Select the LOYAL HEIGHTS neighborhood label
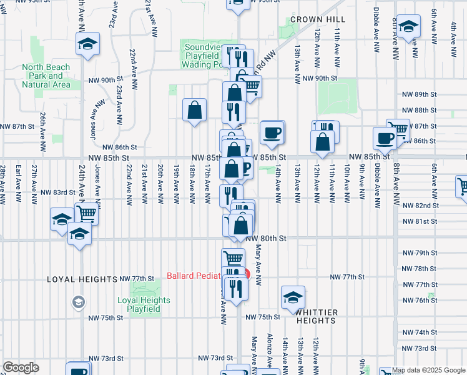(x=82, y=279)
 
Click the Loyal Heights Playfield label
(x=144, y=304)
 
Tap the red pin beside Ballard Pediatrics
(x=246, y=274)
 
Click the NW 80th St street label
(x=265, y=239)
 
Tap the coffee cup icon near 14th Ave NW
(x=272, y=133)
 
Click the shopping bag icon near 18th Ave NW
(x=195, y=110)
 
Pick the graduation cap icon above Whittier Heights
(x=292, y=297)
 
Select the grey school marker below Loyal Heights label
(x=79, y=302)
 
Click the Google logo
(x=21, y=367)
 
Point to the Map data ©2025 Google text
(x=428, y=370)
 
